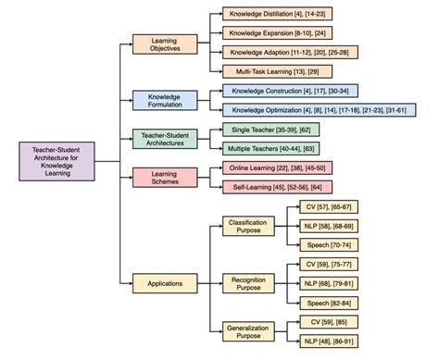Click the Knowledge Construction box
(277, 91)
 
